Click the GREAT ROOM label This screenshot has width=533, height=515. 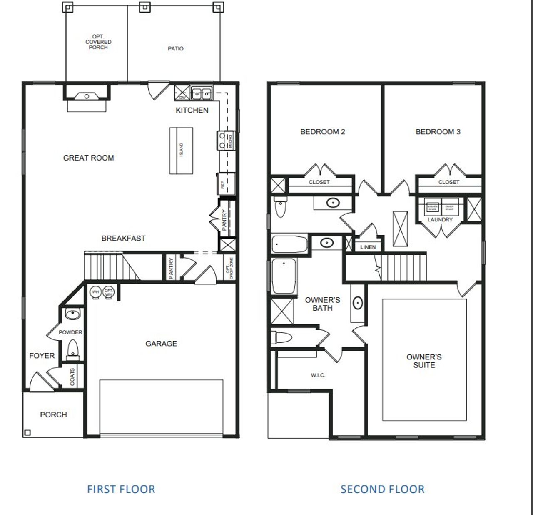88,158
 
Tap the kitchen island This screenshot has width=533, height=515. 181,150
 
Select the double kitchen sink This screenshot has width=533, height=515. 202,93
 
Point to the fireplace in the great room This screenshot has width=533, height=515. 87,97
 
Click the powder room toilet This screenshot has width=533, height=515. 73,349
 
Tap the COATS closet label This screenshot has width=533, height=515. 73,377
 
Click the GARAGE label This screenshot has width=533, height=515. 161,344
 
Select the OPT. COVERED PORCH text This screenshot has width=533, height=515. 98,42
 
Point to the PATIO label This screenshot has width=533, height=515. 175,49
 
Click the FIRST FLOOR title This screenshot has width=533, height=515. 121,489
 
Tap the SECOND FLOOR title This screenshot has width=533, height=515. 382,489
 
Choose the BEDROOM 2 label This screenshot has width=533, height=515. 323,132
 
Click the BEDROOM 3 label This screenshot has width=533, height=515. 438,132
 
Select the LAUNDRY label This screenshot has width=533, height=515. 440,220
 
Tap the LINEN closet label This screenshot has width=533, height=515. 368,247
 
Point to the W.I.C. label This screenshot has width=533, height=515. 318,375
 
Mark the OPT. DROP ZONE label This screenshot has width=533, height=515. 229,268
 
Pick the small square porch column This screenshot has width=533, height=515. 27,432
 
